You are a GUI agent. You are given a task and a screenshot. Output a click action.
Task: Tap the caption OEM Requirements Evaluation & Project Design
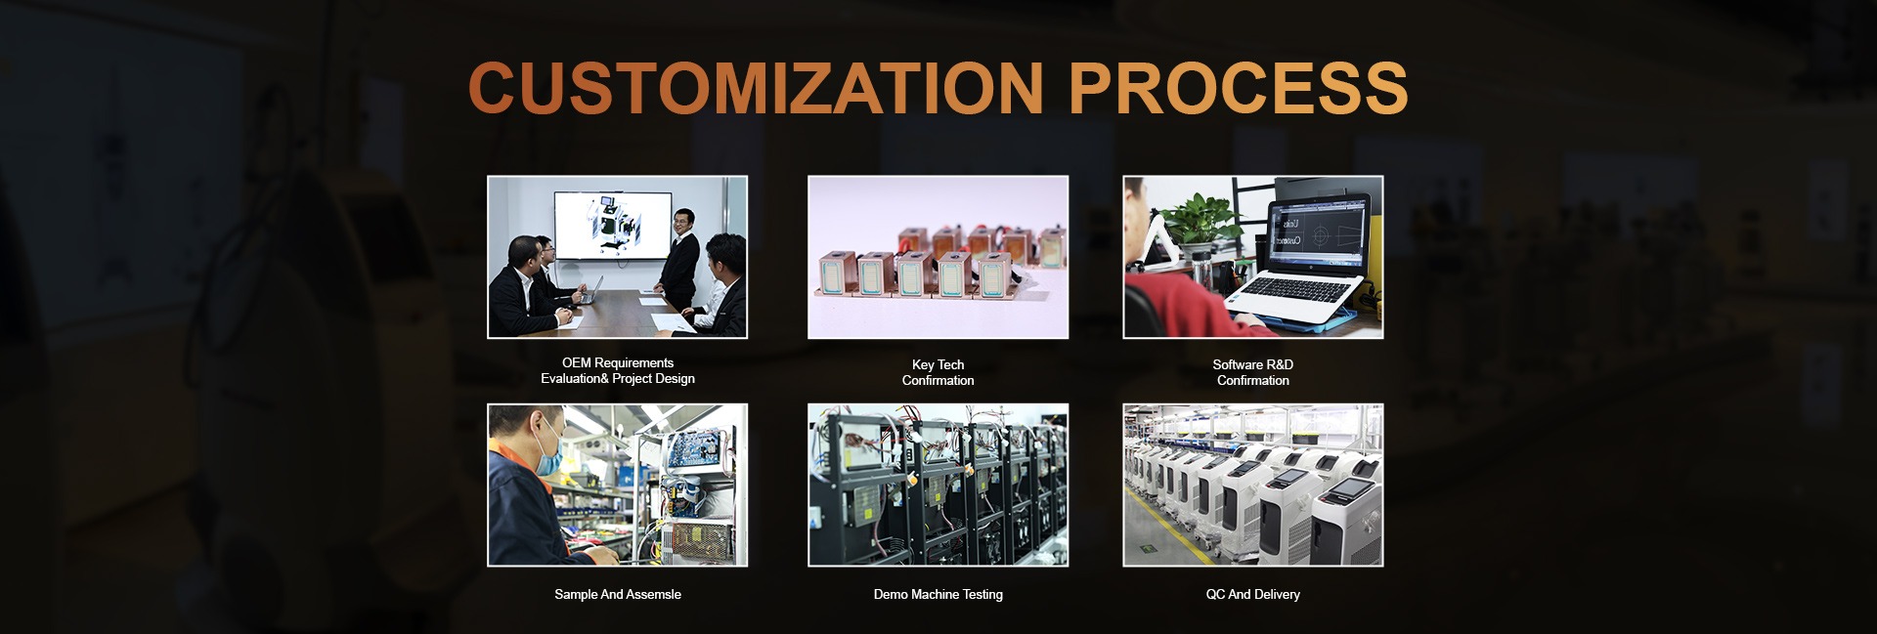(x=618, y=371)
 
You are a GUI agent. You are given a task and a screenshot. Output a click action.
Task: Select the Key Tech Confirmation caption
(x=938, y=373)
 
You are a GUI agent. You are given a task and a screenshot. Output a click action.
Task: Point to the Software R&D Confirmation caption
(x=1253, y=373)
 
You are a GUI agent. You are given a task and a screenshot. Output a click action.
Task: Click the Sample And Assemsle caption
(x=618, y=595)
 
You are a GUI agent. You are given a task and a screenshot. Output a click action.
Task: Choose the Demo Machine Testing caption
(x=938, y=595)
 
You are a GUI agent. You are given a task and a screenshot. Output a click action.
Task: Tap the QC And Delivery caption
(x=1253, y=595)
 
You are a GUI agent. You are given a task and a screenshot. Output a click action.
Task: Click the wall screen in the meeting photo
(x=613, y=226)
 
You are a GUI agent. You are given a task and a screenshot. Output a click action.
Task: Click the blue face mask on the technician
(x=548, y=452)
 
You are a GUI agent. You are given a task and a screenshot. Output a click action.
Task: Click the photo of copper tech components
(x=938, y=257)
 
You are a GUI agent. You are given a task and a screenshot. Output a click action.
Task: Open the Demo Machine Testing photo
(x=938, y=486)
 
